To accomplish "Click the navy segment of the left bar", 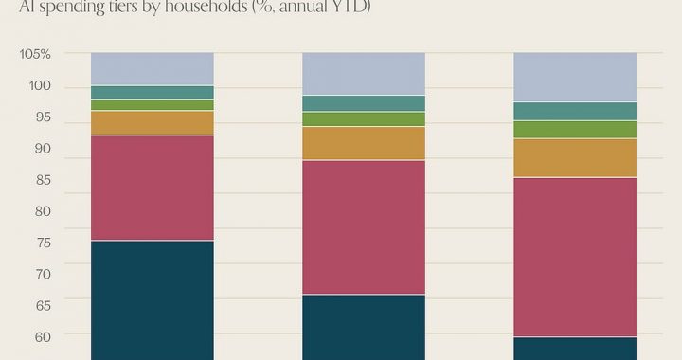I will click(x=152, y=299).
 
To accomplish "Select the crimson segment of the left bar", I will click(x=152, y=188).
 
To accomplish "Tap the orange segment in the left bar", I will click(x=152, y=123).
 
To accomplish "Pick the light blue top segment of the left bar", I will click(x=152, y=68).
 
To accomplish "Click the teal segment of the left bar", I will click(x=152, y=92).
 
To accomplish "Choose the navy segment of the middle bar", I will click(x=363, y=327).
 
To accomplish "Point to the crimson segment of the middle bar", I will click(x=363, y=227).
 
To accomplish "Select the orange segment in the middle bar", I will click(x=363, y=143).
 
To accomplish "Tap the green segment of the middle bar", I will click(x=363, y=119).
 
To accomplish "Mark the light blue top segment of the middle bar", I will click(x=363, y=73).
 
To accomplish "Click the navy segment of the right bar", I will click(x=575, y=348).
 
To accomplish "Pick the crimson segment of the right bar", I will click(x=575, y=257).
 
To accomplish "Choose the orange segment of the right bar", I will click(x=575, y=157).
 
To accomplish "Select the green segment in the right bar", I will click(x=575, y=129).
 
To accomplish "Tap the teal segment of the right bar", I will click(x=575, y=111).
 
